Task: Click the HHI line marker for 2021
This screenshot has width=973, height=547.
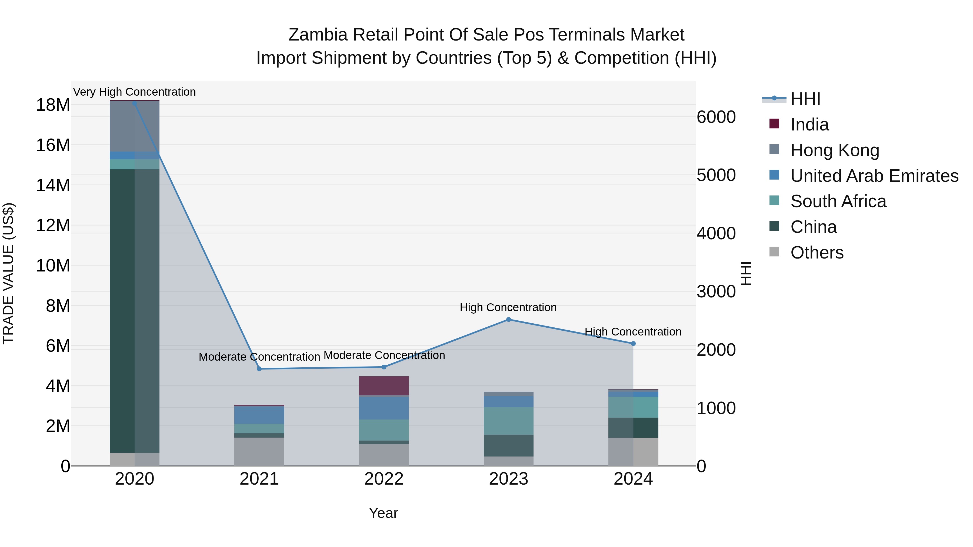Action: pos(259,369)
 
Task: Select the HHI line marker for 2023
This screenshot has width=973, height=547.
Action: pos(508,320)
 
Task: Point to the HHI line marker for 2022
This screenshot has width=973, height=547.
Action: pos(384,367)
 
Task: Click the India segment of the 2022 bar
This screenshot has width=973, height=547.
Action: pos(384,386)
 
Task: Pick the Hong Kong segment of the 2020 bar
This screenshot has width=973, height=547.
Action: pos(135,126)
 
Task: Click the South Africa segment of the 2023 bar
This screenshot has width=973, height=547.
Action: pos(508,421)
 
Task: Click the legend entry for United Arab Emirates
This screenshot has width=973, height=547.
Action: pos(874,176)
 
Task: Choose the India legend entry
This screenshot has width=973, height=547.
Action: pos(809,125)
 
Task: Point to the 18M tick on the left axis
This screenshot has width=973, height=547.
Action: pos(53,105)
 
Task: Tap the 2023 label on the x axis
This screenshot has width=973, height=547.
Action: pos(508,479)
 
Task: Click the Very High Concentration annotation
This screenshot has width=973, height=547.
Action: pos(135,92)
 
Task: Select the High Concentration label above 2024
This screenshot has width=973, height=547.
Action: pos(633,332)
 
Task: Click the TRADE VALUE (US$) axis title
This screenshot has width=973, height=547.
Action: pos(8,273)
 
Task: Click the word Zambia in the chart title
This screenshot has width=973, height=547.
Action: pos(318,35)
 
